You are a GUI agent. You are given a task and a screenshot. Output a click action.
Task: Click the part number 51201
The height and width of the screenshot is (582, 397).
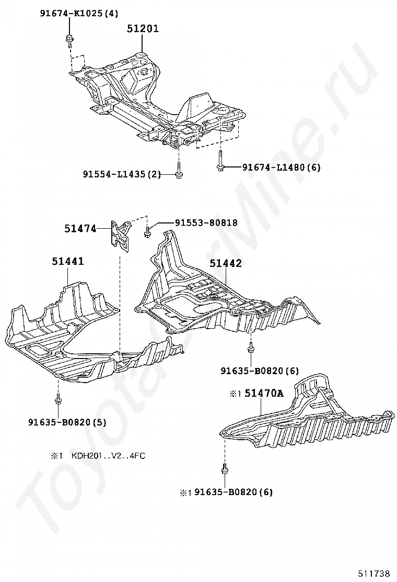tap(143, 29)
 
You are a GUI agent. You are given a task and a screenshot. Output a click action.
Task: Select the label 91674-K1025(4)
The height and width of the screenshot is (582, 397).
tap(79, 14)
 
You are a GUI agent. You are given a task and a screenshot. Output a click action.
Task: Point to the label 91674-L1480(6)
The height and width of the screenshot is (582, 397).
tap(281, 167)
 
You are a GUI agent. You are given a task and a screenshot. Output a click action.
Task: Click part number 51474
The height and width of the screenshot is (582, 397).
tap(81, 228)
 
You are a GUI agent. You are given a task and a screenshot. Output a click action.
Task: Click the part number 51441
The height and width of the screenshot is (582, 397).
tap(67, 261)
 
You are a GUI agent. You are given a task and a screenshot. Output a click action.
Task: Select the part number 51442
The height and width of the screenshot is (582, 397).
tap(226, 263)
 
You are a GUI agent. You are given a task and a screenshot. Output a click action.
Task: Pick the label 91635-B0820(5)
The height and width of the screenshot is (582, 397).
tap(67, 422)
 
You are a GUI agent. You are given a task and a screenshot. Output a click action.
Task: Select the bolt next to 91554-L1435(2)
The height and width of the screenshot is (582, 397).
tap(179, 170)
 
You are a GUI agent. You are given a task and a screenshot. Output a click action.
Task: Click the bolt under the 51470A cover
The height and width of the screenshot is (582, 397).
tap(225, 469)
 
